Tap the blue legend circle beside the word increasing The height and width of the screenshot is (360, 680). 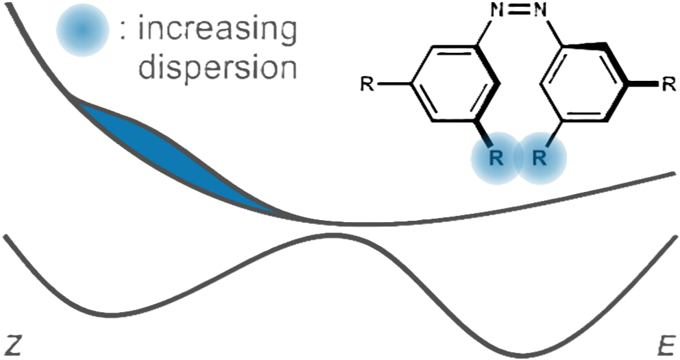pos(82,30)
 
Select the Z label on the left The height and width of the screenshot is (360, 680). pos(12,345)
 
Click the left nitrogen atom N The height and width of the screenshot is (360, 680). pos(498,10)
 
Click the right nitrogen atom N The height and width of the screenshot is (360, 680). pos(540,10)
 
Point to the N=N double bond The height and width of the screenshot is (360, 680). pos(519,10)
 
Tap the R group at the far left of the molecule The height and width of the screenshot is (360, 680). pos(367,84)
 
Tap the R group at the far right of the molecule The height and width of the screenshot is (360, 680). pos(669,84)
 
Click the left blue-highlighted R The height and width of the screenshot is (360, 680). pos(496,159)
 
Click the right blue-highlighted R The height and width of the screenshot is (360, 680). pos(540,159)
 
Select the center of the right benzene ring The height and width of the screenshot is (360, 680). pos(583,82)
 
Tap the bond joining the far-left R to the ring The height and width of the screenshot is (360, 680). pos(393,84)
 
